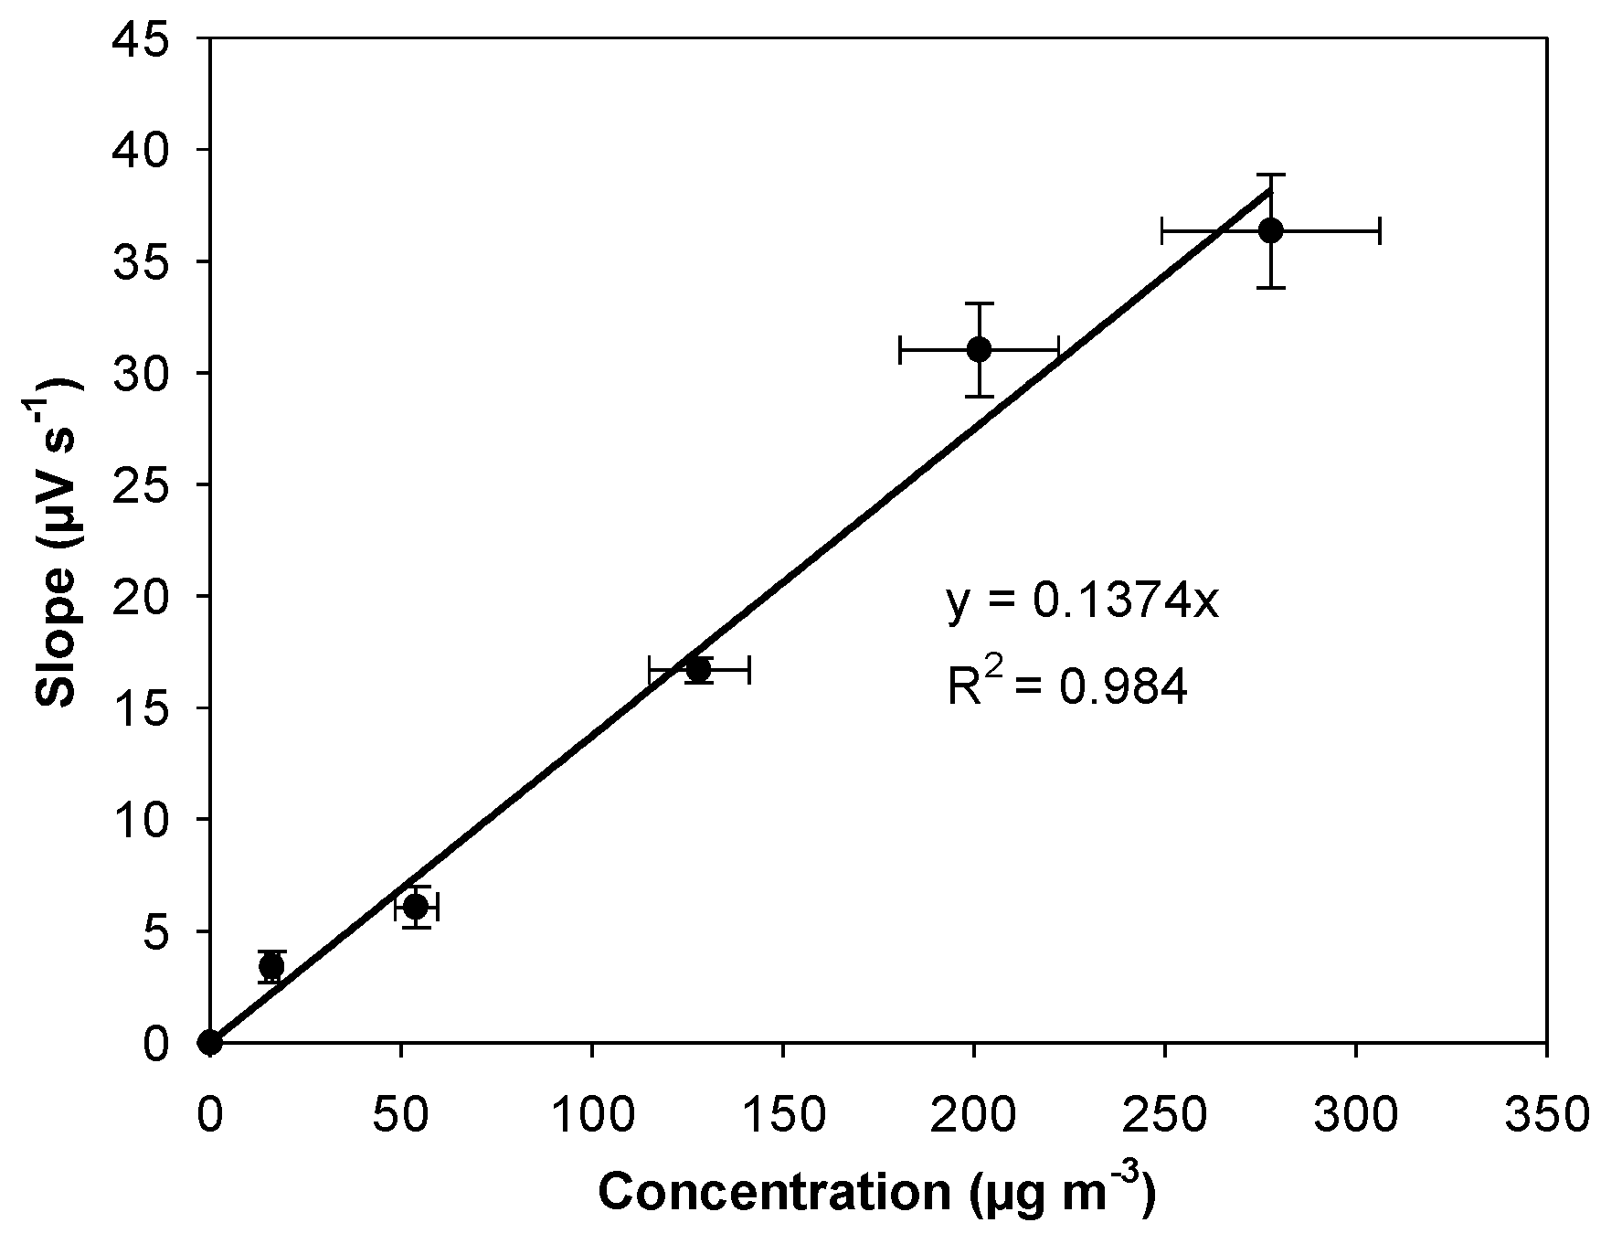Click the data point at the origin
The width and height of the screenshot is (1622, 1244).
click(x=210, y=1042)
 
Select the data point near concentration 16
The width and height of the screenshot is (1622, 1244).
click(x=270, y=966)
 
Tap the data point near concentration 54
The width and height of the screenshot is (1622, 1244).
click(x=416, y=907)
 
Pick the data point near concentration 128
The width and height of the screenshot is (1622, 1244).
click(x=699, y=669)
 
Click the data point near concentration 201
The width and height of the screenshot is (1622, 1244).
click(x=979, y=349)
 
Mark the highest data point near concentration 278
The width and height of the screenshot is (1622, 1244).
click(x=1270, y=230)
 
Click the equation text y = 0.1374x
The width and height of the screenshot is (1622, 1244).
click(x=1082, y=602)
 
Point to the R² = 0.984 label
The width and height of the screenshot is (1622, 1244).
click(x=1066, y=686)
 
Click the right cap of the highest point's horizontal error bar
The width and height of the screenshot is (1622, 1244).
click(x=1379, y=230)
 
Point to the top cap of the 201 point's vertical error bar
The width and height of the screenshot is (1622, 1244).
click(x=979, y=303)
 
